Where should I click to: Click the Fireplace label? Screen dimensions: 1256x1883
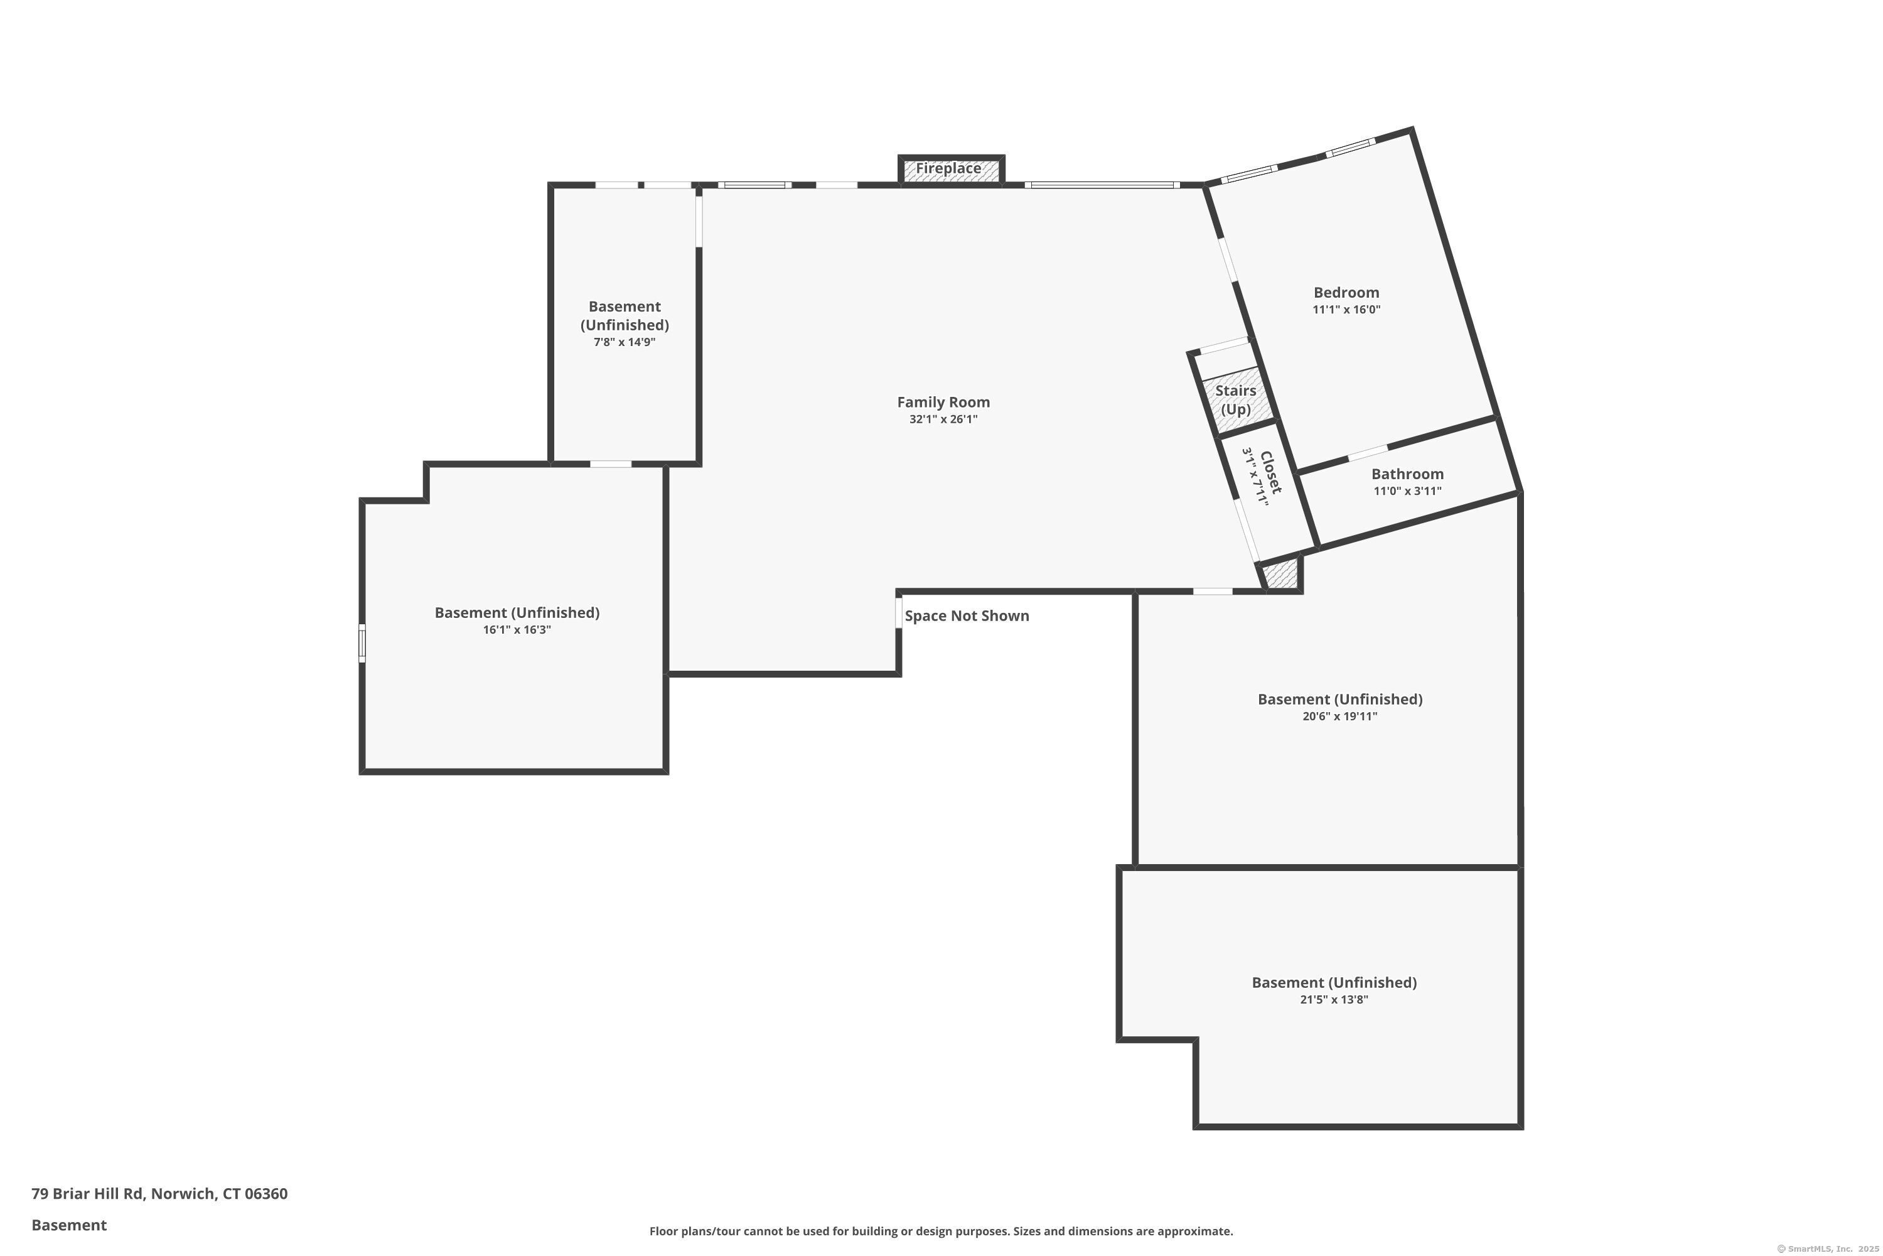[948, 168]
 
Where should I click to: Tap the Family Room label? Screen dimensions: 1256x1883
[943, 402]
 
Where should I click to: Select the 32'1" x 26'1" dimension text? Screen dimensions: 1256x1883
[943, 420]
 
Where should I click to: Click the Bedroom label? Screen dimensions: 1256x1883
[1346, 293]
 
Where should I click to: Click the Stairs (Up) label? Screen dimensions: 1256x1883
[1235, 399]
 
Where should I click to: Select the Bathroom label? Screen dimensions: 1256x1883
[1407, 474]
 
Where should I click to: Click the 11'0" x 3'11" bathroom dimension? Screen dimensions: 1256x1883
[1407, 491]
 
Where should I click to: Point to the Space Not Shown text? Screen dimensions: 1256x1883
[967, 616]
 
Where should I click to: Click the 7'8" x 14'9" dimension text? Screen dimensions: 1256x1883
[625, 342]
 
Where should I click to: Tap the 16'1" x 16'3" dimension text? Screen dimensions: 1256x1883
[517, 631]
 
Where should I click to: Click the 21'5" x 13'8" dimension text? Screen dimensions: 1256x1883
[1334, 1000]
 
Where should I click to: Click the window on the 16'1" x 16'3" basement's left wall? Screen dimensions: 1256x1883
[362, 643]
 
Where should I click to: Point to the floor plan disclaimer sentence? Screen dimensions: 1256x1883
[941, 1231]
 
